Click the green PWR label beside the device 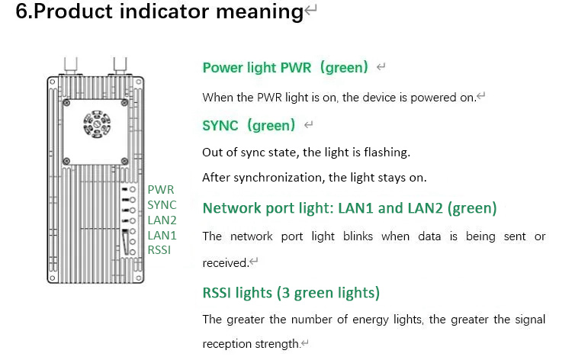[x=160, y=189]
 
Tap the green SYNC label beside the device [x=162, y=204]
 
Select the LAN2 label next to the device [x=162, y=220]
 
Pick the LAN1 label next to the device [x=162, y=235]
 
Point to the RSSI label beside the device [x=159, y=249]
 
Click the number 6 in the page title [x=22, y=13]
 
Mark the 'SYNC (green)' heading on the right [x=249, y=126]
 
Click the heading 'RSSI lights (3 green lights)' [x=291, y=293]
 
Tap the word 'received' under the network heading [x=224, y=263]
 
